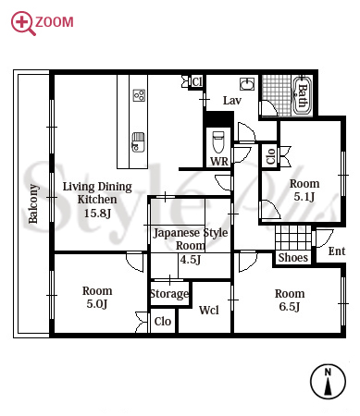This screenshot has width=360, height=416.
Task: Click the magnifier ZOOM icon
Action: coord(23,23)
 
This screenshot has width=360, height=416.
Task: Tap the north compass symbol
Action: coord(328,382)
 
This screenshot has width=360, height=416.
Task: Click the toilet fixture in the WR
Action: coord(218,141)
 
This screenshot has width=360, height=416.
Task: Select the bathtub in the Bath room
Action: coord(302,95)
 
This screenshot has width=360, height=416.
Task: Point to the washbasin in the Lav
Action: coord(247,84)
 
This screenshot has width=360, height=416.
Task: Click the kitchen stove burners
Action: coord(139,95)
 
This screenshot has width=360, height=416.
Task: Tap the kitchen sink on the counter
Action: coord(138,141)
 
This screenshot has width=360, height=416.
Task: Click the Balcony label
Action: coord(33,203)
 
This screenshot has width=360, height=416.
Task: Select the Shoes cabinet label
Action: coord(293,257)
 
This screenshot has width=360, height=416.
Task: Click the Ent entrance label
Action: coord(337,251)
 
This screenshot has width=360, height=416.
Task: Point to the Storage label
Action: coord(169,294)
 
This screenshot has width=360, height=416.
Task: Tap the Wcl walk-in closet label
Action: coord(209,310)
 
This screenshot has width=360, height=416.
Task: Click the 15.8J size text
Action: coord(97,213)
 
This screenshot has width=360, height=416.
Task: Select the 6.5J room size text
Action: coord(290,307)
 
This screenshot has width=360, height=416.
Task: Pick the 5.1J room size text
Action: coord(304,197)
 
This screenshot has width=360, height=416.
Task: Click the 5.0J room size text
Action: coord(97,304)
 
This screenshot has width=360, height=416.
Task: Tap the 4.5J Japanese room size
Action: coord(191,260)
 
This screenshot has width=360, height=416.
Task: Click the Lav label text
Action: coord(232,101)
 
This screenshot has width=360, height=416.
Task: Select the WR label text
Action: coord(219,161)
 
